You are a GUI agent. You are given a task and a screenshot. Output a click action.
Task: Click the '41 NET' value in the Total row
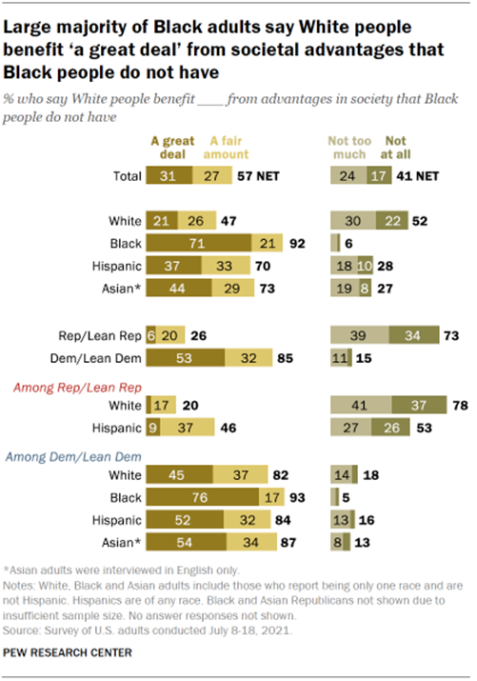[x=426, y=176]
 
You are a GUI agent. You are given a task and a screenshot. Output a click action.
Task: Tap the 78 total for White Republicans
[x=456, y=406]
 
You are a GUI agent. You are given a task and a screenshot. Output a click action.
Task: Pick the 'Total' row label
[x=122, y=176]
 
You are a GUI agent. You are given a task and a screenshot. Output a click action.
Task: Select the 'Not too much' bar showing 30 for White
[x=352, y=220]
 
